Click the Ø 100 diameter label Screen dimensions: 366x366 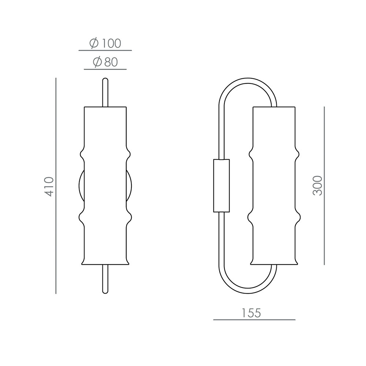(105, 44)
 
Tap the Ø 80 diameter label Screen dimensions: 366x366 (105, 62)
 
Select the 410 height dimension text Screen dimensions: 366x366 (49, 186)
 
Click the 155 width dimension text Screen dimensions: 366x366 (251, 313)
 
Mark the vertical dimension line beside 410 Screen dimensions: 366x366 (56, 186)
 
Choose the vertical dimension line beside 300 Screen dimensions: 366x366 (324, 186)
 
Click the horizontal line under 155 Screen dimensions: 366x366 (254, 320)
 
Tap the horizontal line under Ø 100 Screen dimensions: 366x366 (105, 50)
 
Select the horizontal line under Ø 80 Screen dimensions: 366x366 (105, 69)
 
